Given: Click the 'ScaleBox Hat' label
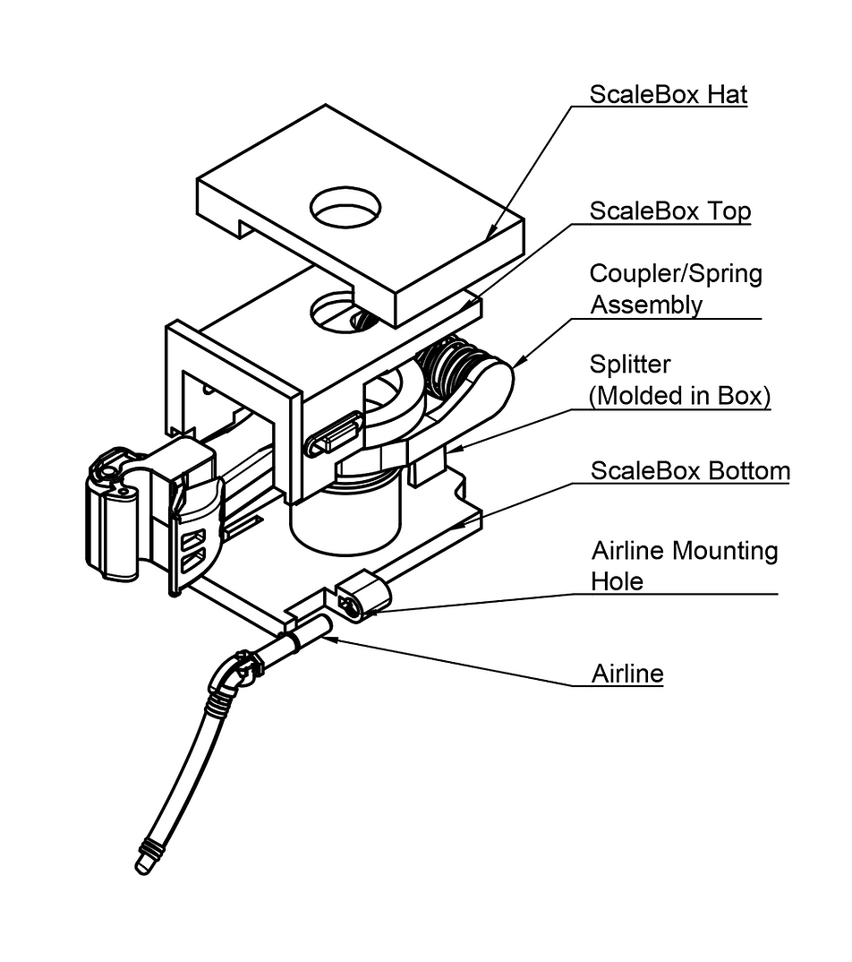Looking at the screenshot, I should pos(668,94).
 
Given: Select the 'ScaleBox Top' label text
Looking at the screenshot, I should pos(669,211).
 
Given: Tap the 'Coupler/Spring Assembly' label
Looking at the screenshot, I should pos(675,288).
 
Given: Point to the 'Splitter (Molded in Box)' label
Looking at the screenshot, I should pos(679,380).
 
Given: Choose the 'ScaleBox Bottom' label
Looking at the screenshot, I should pos(690,470).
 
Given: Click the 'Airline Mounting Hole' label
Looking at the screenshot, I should pos(684,565).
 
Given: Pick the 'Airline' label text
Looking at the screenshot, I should pos(627,674).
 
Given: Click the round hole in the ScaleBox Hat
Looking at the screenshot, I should pos(345,210).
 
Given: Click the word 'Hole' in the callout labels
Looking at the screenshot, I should pos(617,581).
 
